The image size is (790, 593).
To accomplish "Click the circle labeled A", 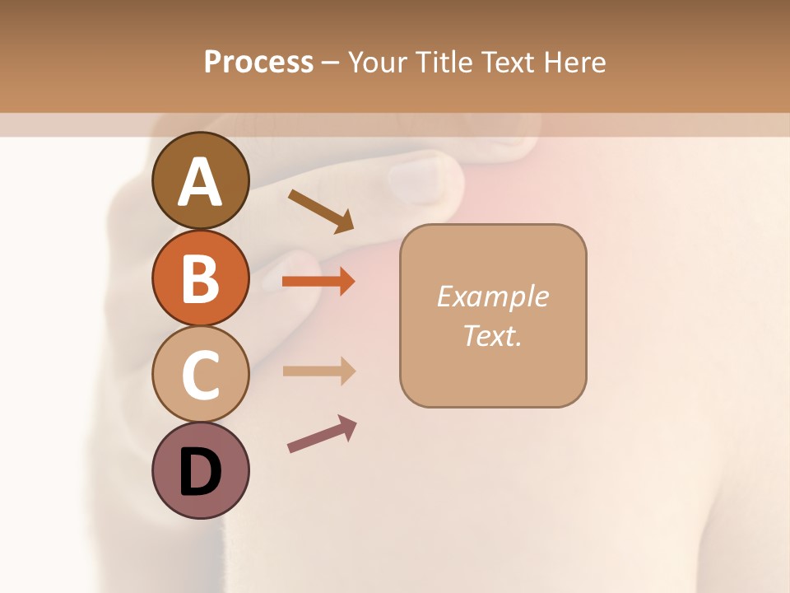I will [x=200, y=180].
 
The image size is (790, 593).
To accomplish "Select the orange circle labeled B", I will [x=200, y=278].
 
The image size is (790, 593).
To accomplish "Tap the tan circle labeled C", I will [x=200, y=375].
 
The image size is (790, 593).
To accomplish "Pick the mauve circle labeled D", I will [x=200, y=471].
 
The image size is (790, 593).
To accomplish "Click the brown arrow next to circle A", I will [x=321, y=211].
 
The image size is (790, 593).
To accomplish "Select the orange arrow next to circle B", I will [x=318, y=282].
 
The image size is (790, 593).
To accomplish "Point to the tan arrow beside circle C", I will [x=318, y=371].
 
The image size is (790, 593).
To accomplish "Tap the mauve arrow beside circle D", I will [x=322, y=433].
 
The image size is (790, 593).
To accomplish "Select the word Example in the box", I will [x=492, y=296].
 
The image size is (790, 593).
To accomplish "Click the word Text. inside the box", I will [x=492, y=335].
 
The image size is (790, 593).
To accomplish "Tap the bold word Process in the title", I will [x=258, y=62].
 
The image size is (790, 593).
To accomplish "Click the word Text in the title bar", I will [x=509, y=62].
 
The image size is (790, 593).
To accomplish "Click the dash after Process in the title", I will [x=331, y=63].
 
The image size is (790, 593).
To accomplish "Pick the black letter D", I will [x=200, y=472].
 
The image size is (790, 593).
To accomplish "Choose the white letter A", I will [x=200, y=181].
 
